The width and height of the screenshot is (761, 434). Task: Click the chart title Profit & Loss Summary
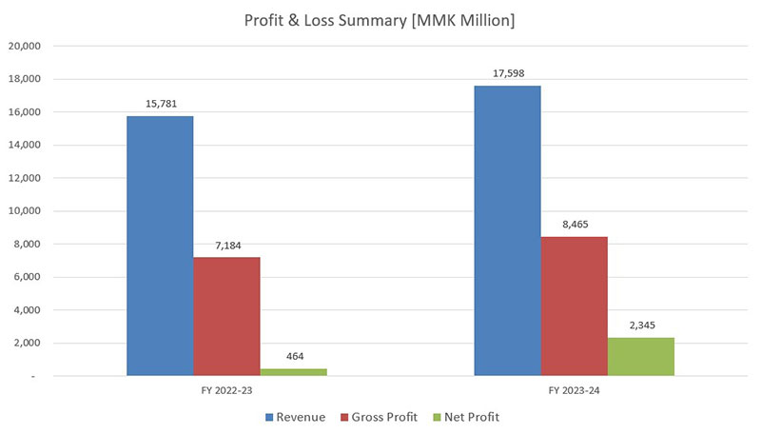point(380,21)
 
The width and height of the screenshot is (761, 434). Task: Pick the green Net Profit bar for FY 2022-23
point(293,372)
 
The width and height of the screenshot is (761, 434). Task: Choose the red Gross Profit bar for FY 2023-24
point(574,306)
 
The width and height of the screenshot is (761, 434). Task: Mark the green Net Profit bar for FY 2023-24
point(640,356)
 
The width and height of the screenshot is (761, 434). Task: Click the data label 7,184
point(226,246)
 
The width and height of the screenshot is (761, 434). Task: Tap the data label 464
point(293,357)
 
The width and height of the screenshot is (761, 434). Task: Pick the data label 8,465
point(574,225)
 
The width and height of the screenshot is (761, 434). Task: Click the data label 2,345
point(640,325)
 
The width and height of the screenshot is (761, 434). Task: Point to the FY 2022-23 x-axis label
point(226,391)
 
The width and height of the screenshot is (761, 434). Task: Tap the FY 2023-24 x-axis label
point(574,391)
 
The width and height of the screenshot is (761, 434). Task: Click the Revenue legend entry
point(297,417)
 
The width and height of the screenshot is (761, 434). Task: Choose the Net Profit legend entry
point(466,417)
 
